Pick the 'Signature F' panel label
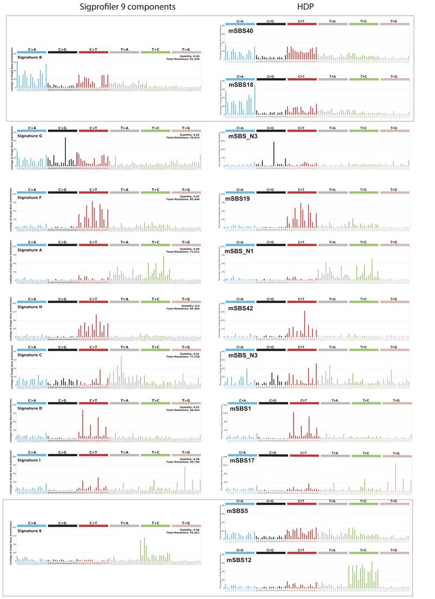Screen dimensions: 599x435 (32, 197)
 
